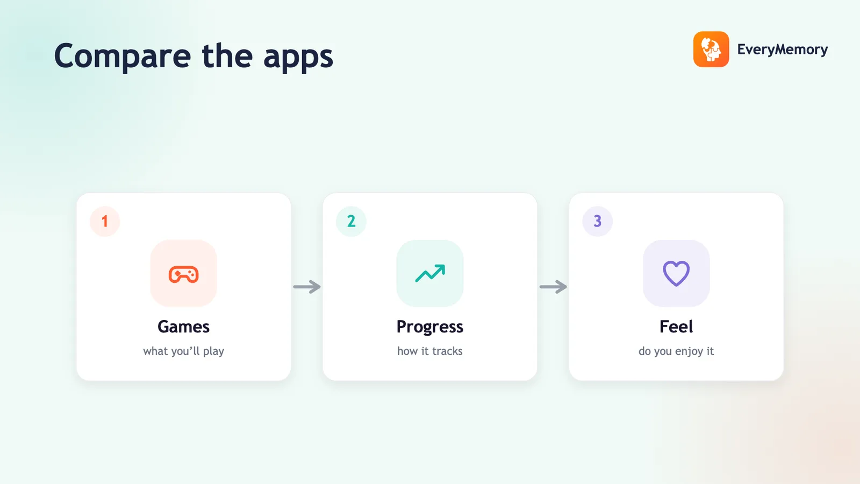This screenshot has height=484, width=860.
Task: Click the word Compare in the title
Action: coord(123,56)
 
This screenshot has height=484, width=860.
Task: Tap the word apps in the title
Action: coord(298,57)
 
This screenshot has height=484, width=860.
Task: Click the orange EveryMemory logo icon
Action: coord(711,49)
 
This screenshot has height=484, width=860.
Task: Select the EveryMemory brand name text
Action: coord(783,49)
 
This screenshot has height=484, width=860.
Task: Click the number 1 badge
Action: coord(105,221)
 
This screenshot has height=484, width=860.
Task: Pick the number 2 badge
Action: coord(351,221)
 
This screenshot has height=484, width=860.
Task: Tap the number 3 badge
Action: coord(597,221)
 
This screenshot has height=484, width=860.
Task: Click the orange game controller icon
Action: coord(183,274)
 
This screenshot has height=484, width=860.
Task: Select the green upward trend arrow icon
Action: coord(430,273)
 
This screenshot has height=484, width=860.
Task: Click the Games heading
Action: coord(183,327)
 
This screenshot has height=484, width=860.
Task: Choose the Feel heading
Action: coord(676,327)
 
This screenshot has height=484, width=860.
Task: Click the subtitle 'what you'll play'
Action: coord(183,352)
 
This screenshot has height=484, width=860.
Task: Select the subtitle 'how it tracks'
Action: coord(430,351)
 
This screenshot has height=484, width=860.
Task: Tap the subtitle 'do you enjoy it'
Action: coord(676,352)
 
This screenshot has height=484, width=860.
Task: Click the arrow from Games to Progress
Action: coord(307,287)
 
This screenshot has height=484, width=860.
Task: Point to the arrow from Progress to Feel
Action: coord(553,287)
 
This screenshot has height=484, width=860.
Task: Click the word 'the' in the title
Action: coord(227,56)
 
